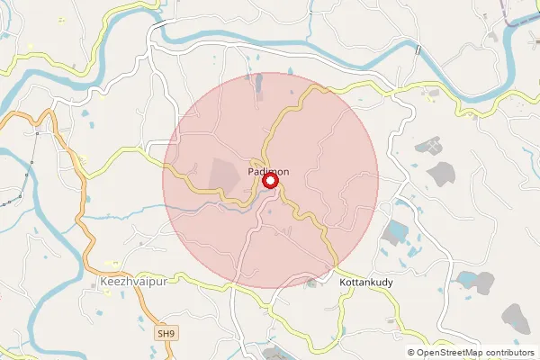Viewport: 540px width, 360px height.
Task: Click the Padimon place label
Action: click(269, 171)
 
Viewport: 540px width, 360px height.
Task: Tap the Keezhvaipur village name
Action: click(132, 283)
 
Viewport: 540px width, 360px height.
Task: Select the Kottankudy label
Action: click(367, 283)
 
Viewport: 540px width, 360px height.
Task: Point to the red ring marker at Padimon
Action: click(270, 183)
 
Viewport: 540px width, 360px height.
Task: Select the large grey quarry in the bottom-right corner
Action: click(515, 317)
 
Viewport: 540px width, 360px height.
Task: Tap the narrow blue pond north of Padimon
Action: click(259, 85)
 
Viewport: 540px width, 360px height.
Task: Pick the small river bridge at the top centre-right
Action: click(417, 50)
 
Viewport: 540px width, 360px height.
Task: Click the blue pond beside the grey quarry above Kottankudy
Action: click(396, 233)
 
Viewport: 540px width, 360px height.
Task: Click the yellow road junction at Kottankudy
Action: click(334, 267)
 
